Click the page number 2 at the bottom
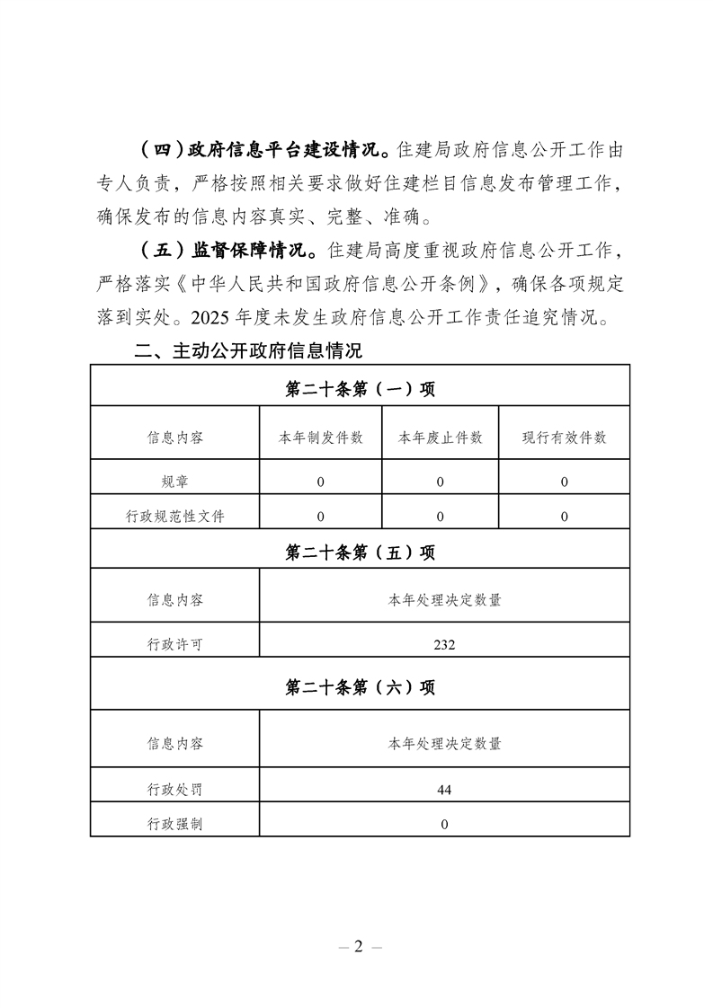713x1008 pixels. pos(357,947)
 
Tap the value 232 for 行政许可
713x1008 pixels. pos(444,644)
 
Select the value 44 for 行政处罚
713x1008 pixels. pos(444,790)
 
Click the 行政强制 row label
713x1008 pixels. pos(174,824)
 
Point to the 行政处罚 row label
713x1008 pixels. pos(174,790)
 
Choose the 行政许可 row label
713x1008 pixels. pos(174,644)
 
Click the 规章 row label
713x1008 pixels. pos(174,482)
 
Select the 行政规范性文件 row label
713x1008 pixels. pos(174,517)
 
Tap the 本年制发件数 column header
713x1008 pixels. pos(321,438)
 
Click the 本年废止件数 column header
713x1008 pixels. pos(441,438)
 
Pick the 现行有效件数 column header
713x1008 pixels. pos(564,438)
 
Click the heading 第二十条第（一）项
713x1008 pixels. pos(360,388)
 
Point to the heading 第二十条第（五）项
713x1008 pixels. pos(360,553)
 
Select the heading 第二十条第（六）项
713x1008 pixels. pos(360,687)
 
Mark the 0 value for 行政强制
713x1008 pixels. pos(444,824)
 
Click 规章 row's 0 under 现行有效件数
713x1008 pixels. pos(564,482)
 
